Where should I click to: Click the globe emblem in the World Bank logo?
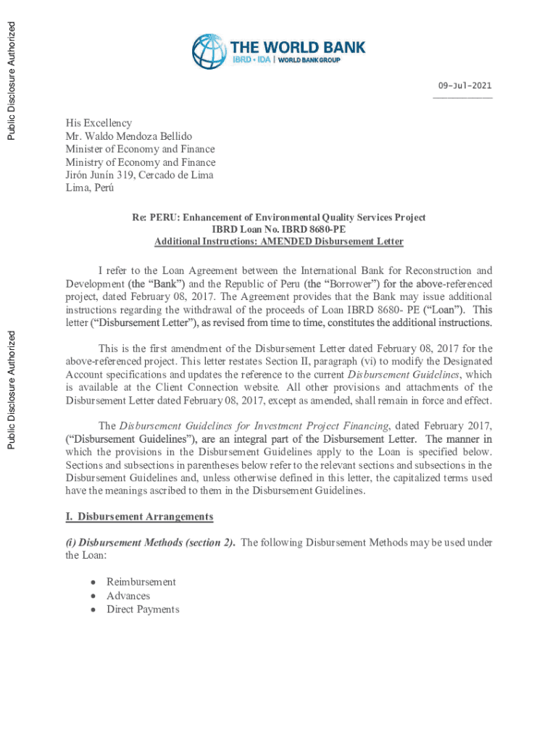click(x=209, y=51)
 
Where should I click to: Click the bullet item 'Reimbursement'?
click(x=141, y=582)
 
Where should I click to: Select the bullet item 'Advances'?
click(x=128, y=596)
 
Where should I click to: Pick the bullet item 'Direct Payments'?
click(x=143, y=609)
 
